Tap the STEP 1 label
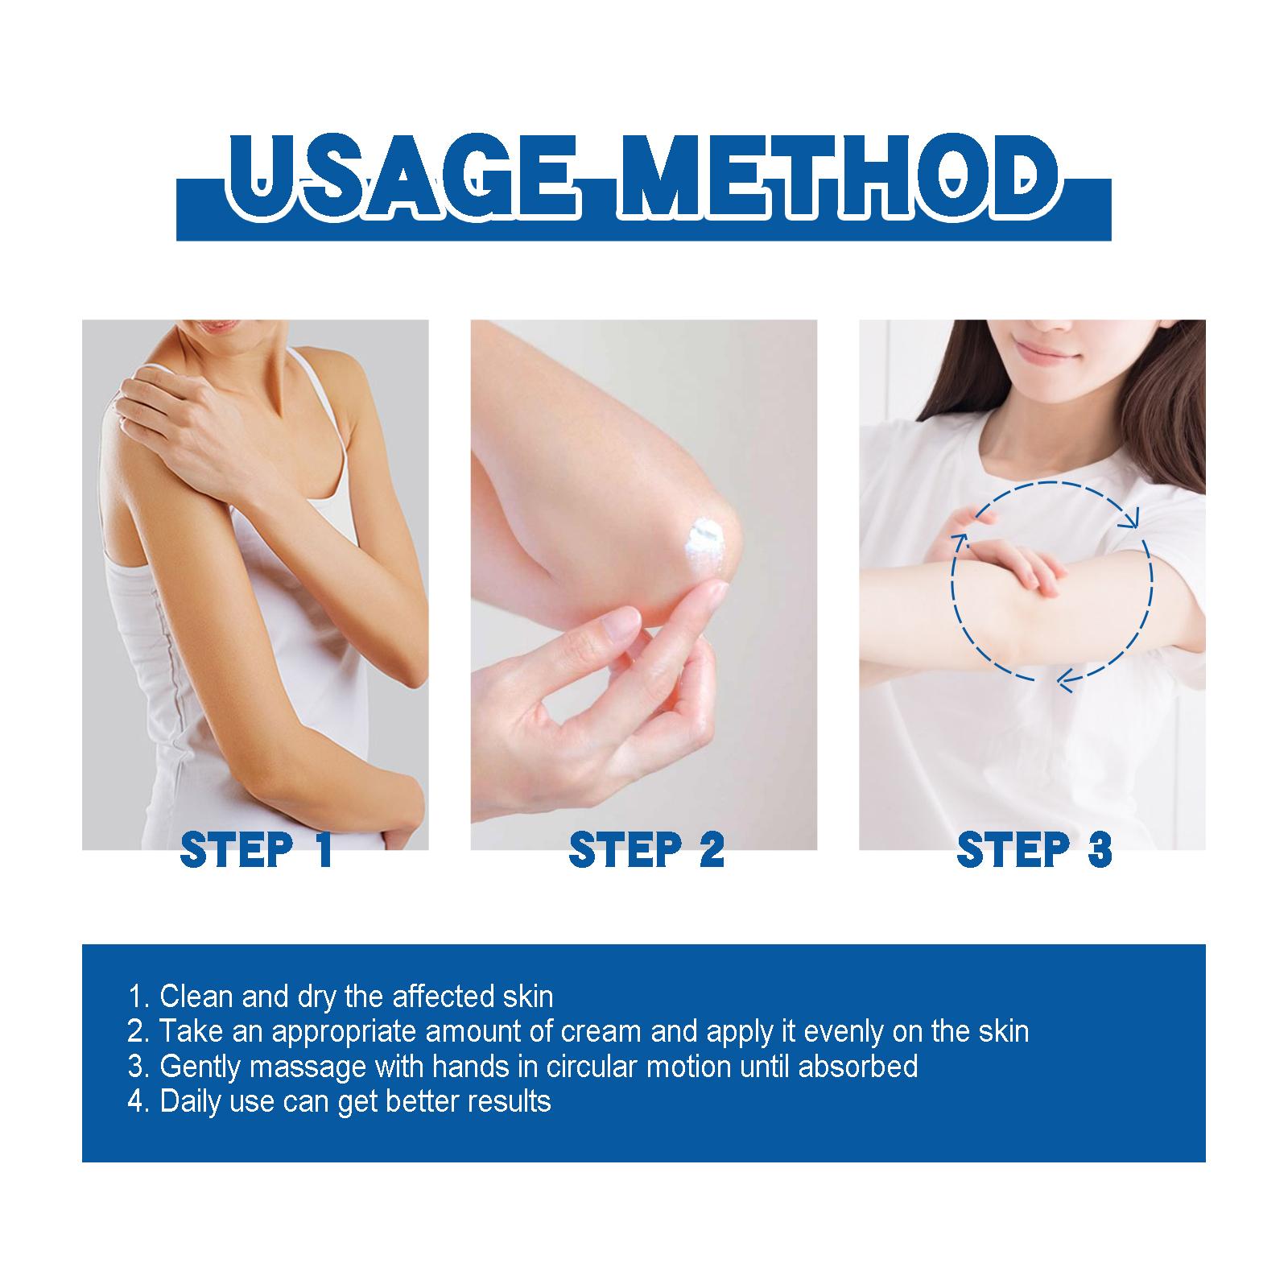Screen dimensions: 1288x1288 257,849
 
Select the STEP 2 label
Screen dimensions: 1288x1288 646,849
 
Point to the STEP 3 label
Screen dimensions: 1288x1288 1034,849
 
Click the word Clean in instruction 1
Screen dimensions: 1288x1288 196,997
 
